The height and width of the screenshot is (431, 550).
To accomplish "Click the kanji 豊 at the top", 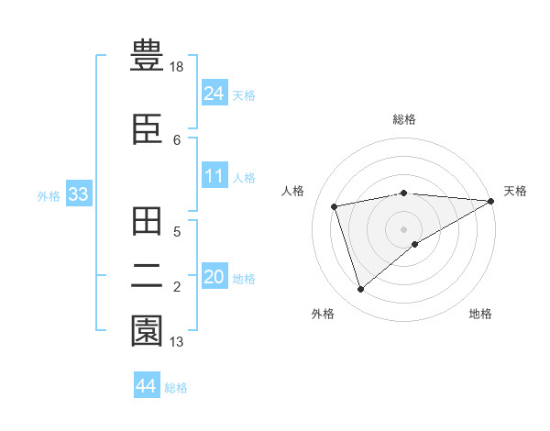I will [x=146, y=57].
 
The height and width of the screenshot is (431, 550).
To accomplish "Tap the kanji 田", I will [x=146, y=223].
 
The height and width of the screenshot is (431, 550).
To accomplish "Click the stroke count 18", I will [x=177, y=68].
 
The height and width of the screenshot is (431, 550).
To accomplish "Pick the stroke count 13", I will [x=177, y=342].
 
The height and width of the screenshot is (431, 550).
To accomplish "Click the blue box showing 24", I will [x=214, y=94].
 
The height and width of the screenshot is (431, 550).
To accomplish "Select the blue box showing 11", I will [x=214, y=176].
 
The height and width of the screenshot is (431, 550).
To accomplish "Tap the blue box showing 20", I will [x=214, y=277].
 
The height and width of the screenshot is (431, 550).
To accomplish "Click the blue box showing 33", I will [x=78, y=194].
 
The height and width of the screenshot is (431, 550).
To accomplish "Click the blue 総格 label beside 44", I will [x=176, y=388].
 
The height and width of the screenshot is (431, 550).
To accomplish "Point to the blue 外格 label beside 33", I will [x=49, y=196].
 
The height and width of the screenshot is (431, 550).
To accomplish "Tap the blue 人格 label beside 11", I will [x=244, y=178].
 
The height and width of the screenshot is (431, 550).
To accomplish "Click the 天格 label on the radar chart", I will [x=515, y=191].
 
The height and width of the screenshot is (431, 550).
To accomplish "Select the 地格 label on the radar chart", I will [x=480, y=314].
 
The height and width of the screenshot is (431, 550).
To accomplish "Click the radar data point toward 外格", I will [x=360, y=290].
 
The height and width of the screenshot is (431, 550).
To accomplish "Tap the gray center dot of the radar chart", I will [x=403, y=228].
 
